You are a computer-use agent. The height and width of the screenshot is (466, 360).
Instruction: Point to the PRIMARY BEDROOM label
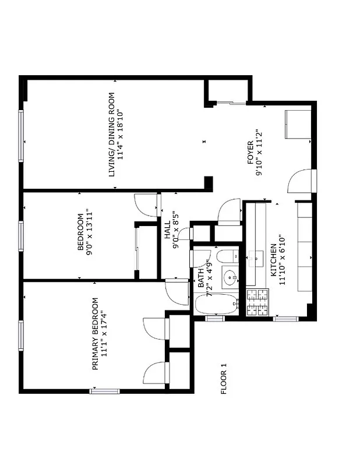95,334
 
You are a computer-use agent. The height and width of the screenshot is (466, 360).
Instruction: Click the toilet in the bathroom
225,256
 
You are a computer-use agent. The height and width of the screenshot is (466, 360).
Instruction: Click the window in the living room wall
22,135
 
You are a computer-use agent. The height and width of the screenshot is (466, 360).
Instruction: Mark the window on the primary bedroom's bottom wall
104,391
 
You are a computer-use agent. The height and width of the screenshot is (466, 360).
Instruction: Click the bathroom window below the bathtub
215,319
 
